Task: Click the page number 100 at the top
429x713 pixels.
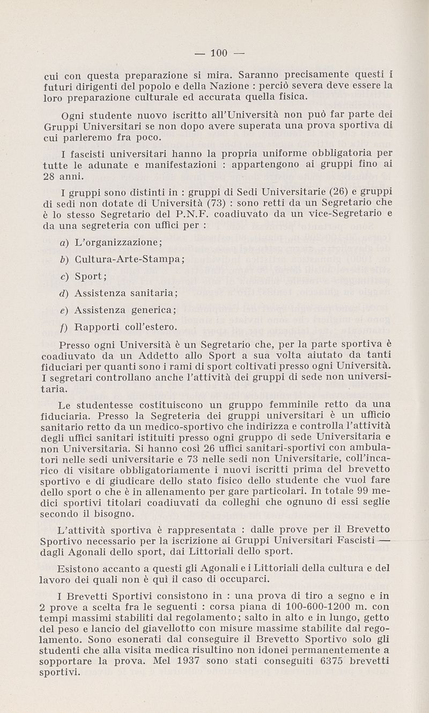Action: (219, 52)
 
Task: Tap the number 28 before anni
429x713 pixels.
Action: (50, 176)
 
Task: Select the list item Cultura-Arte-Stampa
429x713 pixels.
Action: (129, 259)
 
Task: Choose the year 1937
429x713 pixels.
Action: (186, 661)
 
